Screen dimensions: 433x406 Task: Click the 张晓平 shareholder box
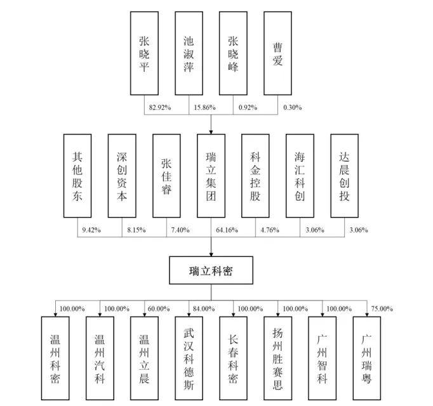coord(144,53)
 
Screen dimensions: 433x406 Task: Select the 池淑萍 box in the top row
coord(189,53)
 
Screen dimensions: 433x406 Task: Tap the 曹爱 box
coord(277,53)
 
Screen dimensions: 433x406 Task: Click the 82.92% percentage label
coord(160,107)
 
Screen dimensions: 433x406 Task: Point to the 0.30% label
coord(293,107)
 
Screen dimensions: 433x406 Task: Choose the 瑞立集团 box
coord(211,176)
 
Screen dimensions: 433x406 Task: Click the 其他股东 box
coord(77,176)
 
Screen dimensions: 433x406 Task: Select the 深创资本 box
coord(122,176)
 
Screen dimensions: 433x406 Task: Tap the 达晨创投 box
coord(344,176)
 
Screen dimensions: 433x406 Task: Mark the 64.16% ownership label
coord(227,230)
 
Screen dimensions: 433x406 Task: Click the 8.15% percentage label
coord(137,230)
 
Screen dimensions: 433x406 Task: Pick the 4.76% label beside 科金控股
coord(270,230)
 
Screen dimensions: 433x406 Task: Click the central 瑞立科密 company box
coord(211,270)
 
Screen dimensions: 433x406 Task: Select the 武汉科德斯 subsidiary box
coord(189,358)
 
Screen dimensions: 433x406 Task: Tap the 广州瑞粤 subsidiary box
coord(367,358)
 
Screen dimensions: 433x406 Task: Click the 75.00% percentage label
coord(382,308)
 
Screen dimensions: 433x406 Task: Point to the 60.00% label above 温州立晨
coord(159,308)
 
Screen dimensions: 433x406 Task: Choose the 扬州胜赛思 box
coord(277,358)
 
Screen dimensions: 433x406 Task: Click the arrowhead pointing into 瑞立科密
coord(211,254)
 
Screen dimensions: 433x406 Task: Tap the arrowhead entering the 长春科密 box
coord(234,314)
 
